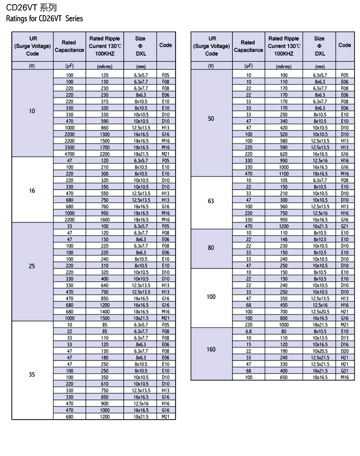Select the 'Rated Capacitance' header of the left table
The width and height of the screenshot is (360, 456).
(x=69, y=46)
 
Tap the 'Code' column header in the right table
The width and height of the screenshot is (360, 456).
(x=344, y=45)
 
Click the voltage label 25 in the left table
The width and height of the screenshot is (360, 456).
(x=32, y=266)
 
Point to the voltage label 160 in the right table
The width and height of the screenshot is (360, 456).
(x=211, y=350)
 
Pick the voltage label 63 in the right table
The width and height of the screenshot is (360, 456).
(x=211, y=201)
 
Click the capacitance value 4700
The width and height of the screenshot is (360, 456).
(x=70, y=154)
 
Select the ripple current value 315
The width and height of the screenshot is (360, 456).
(x=105, y=101)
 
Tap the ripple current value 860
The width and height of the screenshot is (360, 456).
(x=105, y=128)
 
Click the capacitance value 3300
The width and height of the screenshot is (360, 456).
(x=70, y=147)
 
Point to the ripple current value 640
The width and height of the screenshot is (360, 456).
(x=105, y=286)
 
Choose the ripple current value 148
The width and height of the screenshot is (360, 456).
(x=284, y=239)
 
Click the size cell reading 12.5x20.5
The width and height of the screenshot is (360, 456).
(x=320, y=312)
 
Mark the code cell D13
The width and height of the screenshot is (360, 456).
(x=344, y=338)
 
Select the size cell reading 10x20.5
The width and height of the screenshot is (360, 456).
(x=320, y=351)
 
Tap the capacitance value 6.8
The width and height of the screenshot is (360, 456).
(x=249, y=331)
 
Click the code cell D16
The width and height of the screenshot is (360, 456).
(x=344, y=345)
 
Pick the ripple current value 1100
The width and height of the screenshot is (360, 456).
(x=284, y=174)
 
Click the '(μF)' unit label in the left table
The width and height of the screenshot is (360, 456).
(x=69, y=67)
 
